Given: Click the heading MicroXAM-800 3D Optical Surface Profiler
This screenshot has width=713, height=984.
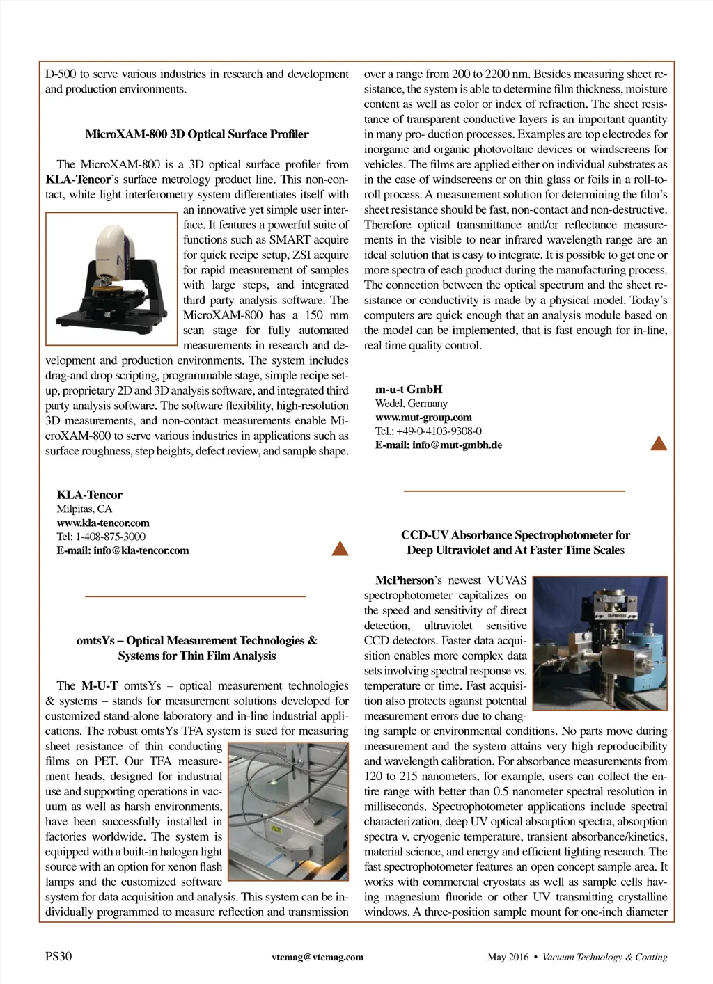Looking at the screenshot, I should [197, 134].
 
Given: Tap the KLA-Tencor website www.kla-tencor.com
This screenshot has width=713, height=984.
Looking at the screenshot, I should [103, 523].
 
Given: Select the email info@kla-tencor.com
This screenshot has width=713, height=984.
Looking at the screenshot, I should [123, 550].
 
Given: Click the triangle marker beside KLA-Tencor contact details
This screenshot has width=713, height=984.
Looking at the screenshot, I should [340, 548].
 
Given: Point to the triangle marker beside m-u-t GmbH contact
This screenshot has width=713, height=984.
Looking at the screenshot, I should [658, 443].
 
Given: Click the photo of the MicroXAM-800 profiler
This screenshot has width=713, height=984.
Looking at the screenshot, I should [111, 278].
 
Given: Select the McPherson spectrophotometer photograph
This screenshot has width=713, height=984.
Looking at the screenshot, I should [600, 642].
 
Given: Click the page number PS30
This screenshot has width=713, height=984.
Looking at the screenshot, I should [58, 956].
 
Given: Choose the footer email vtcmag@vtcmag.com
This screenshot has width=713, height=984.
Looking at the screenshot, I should [318, 957].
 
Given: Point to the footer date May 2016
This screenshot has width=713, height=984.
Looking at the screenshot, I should [508, 957].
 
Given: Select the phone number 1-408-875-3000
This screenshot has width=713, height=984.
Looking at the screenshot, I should [111, 537].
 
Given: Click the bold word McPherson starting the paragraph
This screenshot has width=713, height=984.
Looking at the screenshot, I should [405, 580].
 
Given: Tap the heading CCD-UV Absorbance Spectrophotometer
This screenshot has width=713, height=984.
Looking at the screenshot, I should [515, 535].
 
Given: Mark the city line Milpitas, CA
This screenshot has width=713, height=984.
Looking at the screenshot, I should [84, 509].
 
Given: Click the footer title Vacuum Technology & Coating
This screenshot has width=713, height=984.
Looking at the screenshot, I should [604, 957].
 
